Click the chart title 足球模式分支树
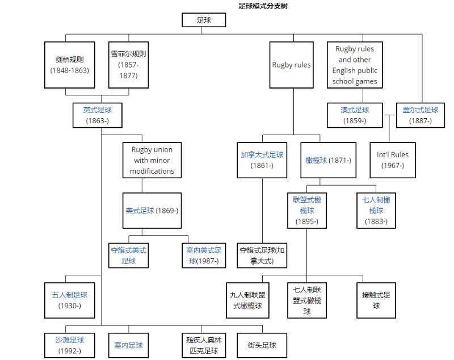click(263, 6)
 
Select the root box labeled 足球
click(204, 20)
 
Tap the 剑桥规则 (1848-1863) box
click(69, 65)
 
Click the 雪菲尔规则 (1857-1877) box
click(129, 65)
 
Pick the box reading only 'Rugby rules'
click(291, 65)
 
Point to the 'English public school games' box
click(355, 65)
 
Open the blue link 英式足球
click(97, 110)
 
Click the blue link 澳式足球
click(355, 110)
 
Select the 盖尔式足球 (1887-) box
click(421, 115)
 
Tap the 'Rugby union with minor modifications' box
click(152, 160)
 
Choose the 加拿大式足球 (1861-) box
click(262, 160)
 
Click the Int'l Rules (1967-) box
click(393, 160)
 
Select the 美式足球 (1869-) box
click(152, 211)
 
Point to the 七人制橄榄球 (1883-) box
click(376, 211)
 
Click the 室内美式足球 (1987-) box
click(204, 256)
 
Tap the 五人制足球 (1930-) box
click(69, 300)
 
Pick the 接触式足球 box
click(376, 300)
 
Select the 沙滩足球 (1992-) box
click(69, 345)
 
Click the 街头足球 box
click(262, 345)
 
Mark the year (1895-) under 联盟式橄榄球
click(307, 221)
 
